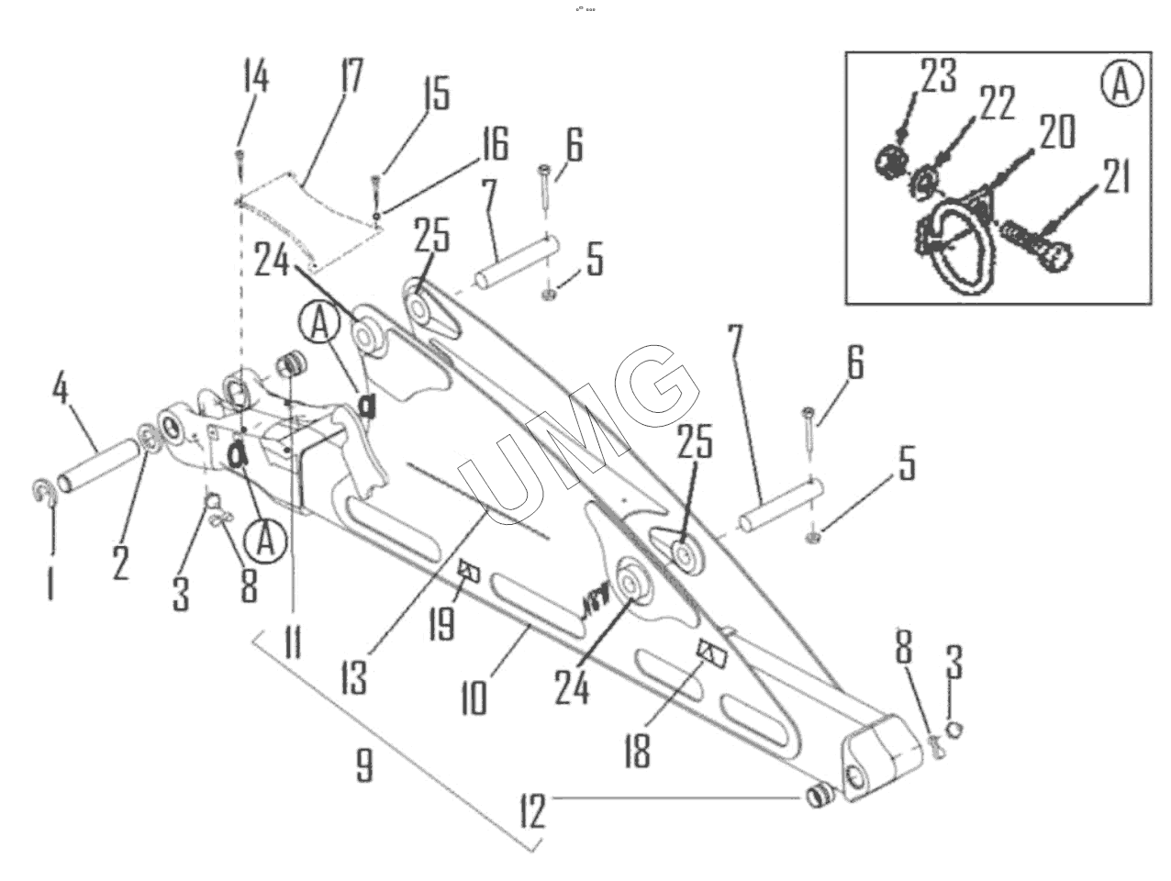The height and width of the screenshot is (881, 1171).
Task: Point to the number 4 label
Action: pos(61,390)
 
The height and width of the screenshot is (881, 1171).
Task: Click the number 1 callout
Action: pos(50,582)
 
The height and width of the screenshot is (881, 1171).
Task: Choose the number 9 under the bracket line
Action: pos(364,764)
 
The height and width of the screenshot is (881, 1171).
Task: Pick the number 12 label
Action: pos(532,810)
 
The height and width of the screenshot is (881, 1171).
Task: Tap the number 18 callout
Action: pos(636,748)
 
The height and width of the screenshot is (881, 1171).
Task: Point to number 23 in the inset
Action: pos(938,77)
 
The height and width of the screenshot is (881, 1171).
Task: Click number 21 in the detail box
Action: pos(1115,177)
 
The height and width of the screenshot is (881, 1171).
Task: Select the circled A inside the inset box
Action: pos(1121,86)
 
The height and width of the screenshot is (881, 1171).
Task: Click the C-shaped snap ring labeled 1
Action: pos(45,493)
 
